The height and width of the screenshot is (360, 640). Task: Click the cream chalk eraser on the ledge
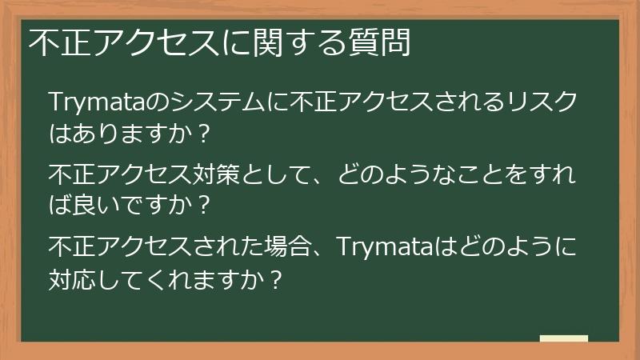click(x=564, y=338)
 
